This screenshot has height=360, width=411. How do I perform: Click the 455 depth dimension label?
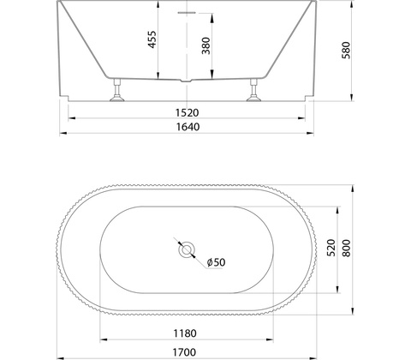[x=152, y=39]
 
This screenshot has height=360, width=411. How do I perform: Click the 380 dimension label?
[x=205, y=45]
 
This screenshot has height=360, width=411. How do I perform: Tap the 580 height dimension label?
[x=346, y=51]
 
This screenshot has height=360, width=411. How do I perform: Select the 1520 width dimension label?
[x=187, y=113]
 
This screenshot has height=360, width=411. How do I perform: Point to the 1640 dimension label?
[x=188, y=127]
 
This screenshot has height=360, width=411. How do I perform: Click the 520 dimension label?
[x=331, y=248]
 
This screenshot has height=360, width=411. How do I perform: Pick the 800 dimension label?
[x=346, y=249]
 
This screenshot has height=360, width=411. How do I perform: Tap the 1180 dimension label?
[x=185, y=333]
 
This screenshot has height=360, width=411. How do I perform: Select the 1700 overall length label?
[x=184, y=352]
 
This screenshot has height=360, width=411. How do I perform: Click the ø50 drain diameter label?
[x=216, y=262]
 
